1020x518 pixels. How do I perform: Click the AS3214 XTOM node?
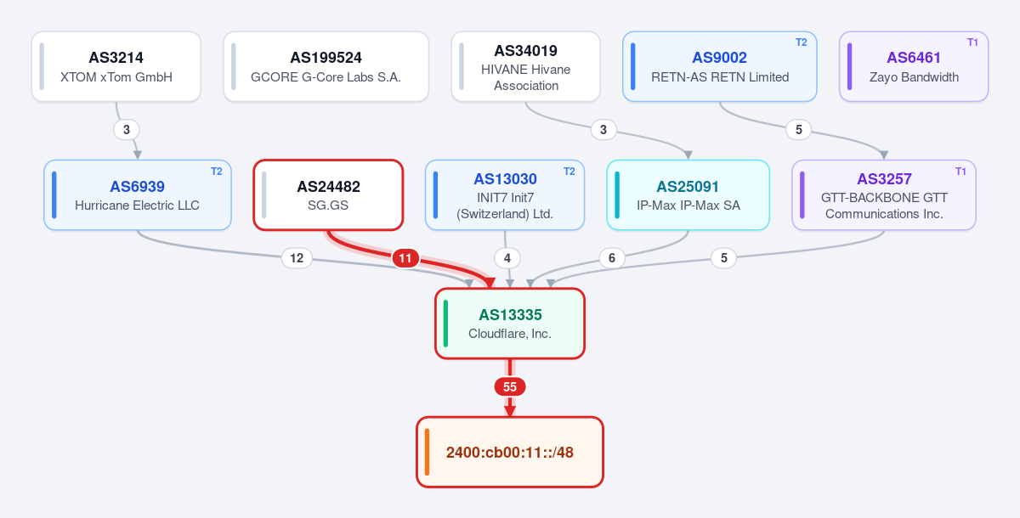pos(116,66)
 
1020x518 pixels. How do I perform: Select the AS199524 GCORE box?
pos(326,66)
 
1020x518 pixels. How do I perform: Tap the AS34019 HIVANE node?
pos(525,66)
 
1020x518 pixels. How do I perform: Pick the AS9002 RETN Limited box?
pos(719,66)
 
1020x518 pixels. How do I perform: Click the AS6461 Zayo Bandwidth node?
pos(914,66)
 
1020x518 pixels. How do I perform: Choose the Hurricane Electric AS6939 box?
pos(138,195)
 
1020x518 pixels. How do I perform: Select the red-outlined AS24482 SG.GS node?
pos(328,195)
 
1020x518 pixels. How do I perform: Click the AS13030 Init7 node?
pos(505,195)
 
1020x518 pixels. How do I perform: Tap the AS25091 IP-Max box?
pos(688,195)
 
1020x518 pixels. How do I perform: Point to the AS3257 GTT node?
pos(884,195)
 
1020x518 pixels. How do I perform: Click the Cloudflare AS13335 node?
pos(510,324)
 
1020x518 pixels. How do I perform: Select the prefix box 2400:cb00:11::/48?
pos(510,452)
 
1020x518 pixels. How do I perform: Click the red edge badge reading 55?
pos(510,387)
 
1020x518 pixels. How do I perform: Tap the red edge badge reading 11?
pos(405,258)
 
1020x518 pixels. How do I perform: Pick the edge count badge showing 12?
pos(297,258)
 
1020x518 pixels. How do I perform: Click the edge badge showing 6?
pos(611,258)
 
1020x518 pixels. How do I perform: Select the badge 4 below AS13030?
pos(507,258)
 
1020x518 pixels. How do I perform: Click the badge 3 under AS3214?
pos(127,130)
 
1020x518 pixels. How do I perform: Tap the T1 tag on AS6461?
pos(972,42)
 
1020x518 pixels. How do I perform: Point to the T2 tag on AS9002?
pos(801,42)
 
